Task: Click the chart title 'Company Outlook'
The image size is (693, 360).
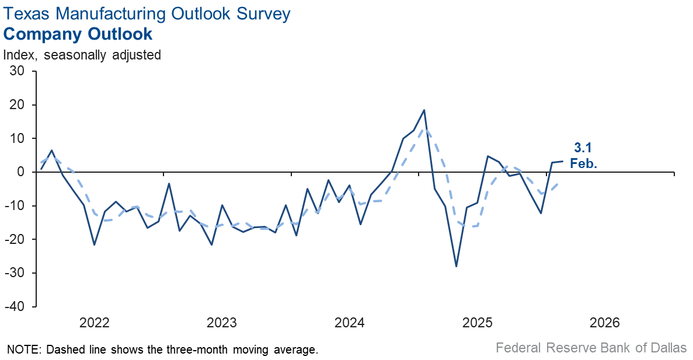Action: click(78, 34)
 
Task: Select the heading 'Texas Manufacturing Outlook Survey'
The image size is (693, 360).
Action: click(147, 13)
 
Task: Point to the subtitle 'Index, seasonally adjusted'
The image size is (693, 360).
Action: click(82, 55)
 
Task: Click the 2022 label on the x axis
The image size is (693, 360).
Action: click(95, 323)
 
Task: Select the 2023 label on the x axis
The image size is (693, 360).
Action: click(222, 323)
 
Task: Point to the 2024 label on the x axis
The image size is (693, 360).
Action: click(350, 323)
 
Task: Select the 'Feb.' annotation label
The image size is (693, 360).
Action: click(583, 164)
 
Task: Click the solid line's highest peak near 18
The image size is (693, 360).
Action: click(424, 110)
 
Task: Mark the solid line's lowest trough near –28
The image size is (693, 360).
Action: click(456, 267)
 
